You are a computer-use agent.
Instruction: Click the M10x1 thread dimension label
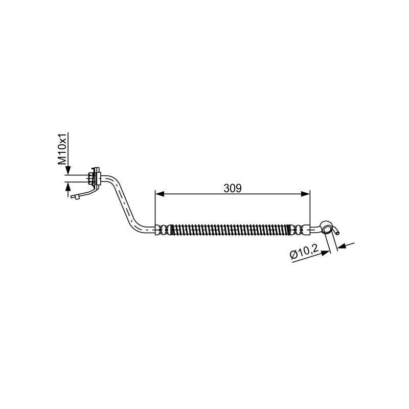point(62,149)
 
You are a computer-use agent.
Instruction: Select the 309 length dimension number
point(233,188)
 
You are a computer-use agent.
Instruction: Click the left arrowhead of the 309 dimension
point(160,194)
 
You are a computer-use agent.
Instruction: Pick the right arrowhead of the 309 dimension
point(305,194)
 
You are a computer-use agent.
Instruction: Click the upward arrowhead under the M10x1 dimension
point(68,187)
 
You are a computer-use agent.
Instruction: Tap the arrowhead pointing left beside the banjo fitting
point(342,246)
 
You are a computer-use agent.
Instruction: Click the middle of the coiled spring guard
point(231,230)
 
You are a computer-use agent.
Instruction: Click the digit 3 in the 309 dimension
point(226,188)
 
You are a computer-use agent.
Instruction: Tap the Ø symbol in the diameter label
point(294,256)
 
